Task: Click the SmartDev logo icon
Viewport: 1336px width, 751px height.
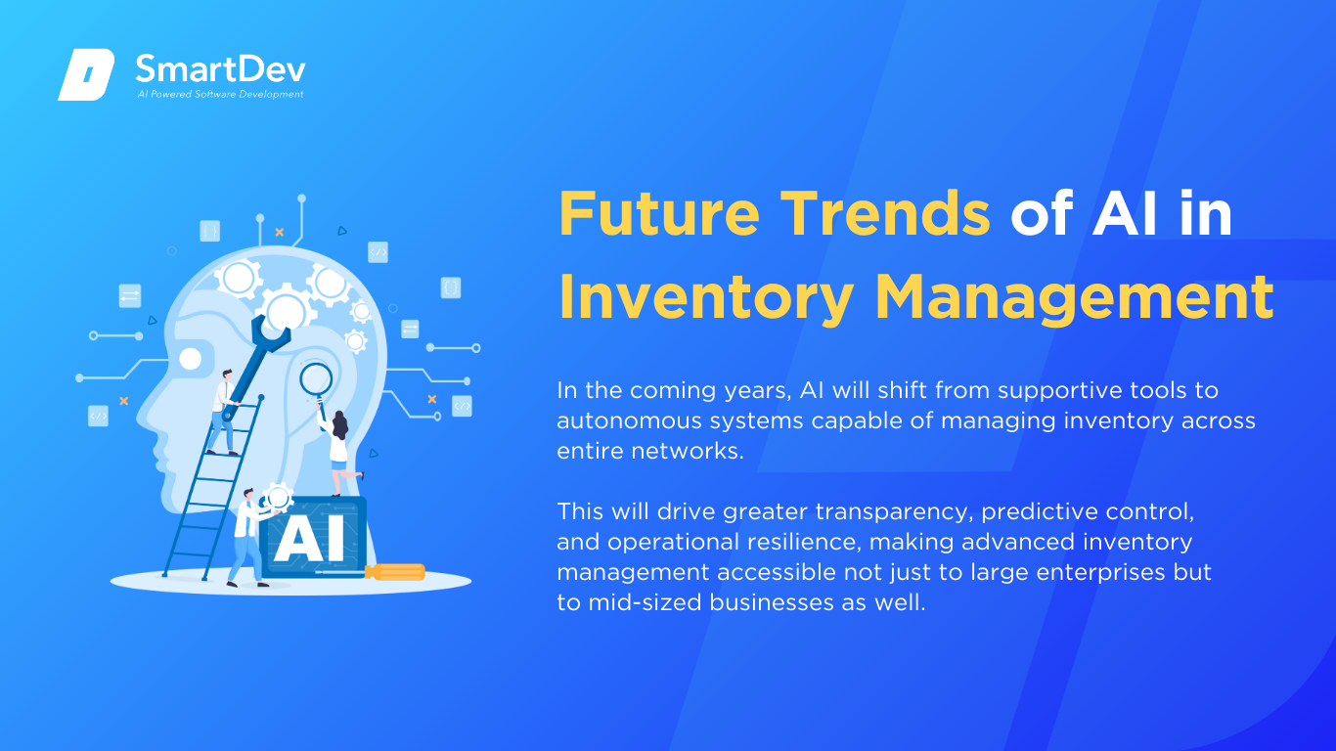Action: [86, 74]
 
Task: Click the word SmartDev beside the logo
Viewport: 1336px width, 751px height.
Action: [220, 69]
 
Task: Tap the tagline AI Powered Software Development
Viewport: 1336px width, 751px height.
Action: [220, 94]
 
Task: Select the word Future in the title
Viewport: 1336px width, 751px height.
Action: [659, 213]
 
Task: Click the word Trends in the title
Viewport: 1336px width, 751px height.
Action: [885, 213]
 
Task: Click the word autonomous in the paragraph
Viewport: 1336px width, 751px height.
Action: [629, 421]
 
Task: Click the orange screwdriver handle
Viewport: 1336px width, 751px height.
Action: [395, 572]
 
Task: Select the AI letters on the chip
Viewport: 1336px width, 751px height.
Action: [309, 539]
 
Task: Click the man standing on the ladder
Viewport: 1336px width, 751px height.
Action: [223, 413]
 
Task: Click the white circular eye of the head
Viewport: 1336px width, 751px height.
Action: [191, 359]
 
